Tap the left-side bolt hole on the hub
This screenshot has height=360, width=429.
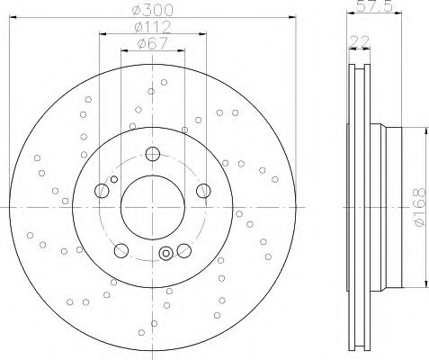(x=102, y=190)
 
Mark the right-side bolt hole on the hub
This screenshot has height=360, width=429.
(x=203, y=190)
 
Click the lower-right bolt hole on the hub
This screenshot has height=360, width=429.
(x=183, y=250)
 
